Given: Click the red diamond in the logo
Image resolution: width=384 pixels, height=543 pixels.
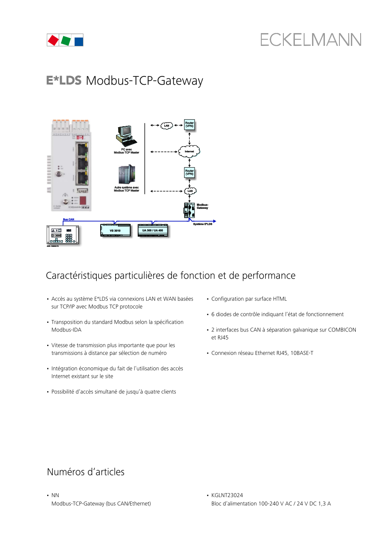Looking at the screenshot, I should pyautogui.click(x=53, y=41).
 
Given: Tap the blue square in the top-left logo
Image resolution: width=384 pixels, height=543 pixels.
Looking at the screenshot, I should pyautogui.click(x=79, y=41).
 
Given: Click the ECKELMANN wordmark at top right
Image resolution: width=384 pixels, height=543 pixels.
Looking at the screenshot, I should pyautogui.click(x=310, y=40).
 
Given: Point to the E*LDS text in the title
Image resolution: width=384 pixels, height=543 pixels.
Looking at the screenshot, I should pyautogui.click(x=64, y=81).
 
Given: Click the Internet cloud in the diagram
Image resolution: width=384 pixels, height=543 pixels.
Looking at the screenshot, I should pyautogui.click(x=189, y=151).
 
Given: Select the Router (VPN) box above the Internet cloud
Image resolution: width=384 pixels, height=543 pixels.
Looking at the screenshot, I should pyautogui.click(x=189, y=124).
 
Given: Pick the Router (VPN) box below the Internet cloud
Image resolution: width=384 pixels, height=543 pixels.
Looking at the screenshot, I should pyautogui.click(x=189, y=172).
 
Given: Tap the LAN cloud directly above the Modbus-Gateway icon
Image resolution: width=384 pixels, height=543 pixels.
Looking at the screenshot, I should pyautogui.click(x=190, y=191).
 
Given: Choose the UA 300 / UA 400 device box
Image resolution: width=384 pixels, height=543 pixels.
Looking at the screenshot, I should pyautogui.click(x=152, y=230).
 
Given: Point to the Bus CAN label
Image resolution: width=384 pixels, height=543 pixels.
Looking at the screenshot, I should pyautogui.click(x=68, y=219).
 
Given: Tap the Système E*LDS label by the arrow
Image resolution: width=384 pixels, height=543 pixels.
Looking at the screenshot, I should pyautogui.click(x=203, y=224).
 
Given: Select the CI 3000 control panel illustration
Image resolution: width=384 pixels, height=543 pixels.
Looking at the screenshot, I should pyautogui.click(x=64, y=235).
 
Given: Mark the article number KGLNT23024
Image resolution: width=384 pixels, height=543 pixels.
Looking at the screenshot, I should pyautogui.click(x=227, y=496).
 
